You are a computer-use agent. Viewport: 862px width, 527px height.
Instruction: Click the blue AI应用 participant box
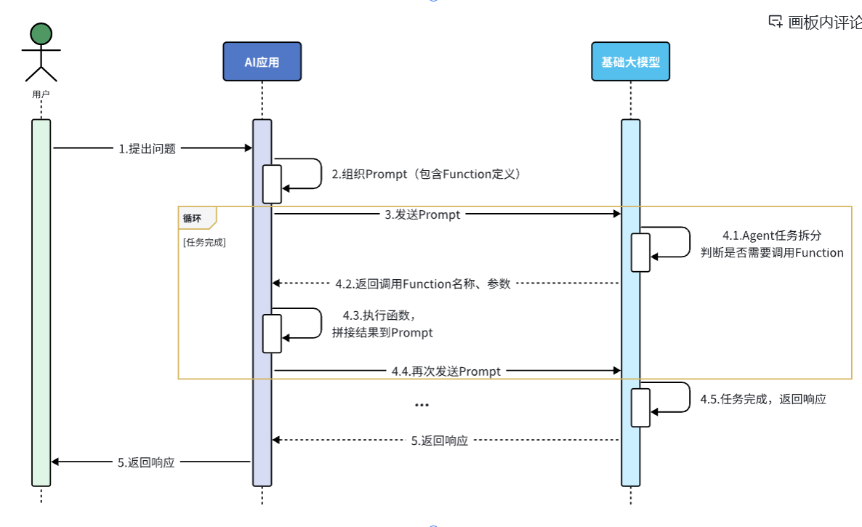click(262, 62)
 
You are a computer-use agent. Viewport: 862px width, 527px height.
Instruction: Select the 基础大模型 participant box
click(630, 62)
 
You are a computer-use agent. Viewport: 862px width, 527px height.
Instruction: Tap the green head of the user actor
click(41, 33)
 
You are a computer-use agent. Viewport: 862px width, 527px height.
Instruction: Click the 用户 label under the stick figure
click(41, 94)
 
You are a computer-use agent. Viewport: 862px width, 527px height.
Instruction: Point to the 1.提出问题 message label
click(148, 149)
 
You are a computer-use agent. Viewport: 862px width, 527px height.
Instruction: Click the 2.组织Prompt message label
click(427, 174)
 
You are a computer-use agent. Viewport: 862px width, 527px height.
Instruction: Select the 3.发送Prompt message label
click(422, 214)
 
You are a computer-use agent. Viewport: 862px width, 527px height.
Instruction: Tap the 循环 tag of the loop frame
click(193, 217)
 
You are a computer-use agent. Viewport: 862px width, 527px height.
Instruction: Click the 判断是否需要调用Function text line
click(772, 253)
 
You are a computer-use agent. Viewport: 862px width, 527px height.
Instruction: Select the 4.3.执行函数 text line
click(379, 315)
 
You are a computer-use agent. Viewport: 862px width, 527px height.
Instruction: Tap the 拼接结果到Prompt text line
click(382, 332)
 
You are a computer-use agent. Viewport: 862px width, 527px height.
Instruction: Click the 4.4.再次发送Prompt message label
click(446, 371)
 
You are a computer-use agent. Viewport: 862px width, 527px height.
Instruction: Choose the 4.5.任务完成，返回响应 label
click(763, 399)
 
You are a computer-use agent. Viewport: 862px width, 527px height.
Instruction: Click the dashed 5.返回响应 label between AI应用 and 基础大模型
click(439, 440)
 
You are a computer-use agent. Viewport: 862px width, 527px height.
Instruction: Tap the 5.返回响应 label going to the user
click(146, 462)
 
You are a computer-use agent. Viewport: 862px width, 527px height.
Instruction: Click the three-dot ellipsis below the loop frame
click(422, 405)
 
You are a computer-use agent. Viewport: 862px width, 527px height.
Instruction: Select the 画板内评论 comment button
click(815, 22)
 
